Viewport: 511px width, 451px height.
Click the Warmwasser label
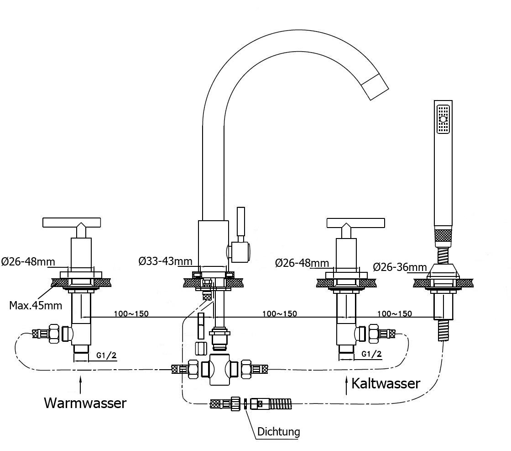pyautogui.click(x=85, y=403)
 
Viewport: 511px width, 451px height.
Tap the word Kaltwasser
pyautogui.click(x=386, y=383)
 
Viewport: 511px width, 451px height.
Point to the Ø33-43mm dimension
pyautogui.click(x=165, y=261)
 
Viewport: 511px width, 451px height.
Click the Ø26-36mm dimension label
pyautogui.click(x=400, y=267)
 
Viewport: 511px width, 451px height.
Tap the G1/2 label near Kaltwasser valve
pyautogui.click(x=371, y=354)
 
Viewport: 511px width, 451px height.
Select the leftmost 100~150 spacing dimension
pyautogui.click(x=131, y=314)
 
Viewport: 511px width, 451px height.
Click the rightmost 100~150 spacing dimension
pyautogui.click(x=395, y=314)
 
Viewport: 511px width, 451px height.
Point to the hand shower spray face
pyautogui.click(x=443, y=120)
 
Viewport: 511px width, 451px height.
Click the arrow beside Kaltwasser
pyautogui.click(x=345, y=384)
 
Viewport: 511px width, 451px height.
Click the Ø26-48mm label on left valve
pyautogui.click(x=27, y=262)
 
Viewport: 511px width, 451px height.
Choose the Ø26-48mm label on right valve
pyautogui.click(x=302, y=263)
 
